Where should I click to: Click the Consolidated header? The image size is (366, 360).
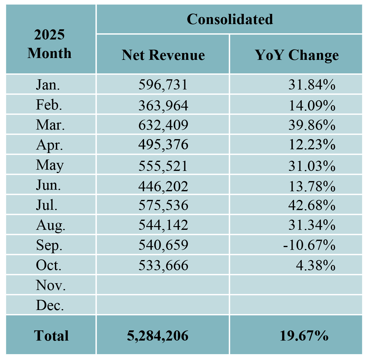230,19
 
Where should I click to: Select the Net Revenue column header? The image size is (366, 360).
163,55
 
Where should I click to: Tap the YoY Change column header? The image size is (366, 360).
297,55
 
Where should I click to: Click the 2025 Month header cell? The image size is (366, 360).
49,44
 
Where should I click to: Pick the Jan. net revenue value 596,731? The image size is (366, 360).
163,85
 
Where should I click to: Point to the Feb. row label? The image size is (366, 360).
49,105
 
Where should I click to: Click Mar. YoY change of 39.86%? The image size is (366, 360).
312,125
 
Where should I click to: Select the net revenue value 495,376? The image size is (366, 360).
163,145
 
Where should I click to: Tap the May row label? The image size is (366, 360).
50,165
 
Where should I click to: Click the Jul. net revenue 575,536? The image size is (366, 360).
163,205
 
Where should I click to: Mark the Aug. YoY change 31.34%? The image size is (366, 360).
312,225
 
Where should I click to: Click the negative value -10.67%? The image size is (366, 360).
309,245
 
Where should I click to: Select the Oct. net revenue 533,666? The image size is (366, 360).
163,265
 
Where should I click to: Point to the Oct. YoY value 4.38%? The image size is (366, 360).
315,265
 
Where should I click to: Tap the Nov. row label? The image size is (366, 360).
51,285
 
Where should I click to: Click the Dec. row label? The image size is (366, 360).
50,305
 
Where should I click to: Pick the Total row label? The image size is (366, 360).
51,336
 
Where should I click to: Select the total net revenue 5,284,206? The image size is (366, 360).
157,336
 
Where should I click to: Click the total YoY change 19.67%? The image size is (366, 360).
304,336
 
